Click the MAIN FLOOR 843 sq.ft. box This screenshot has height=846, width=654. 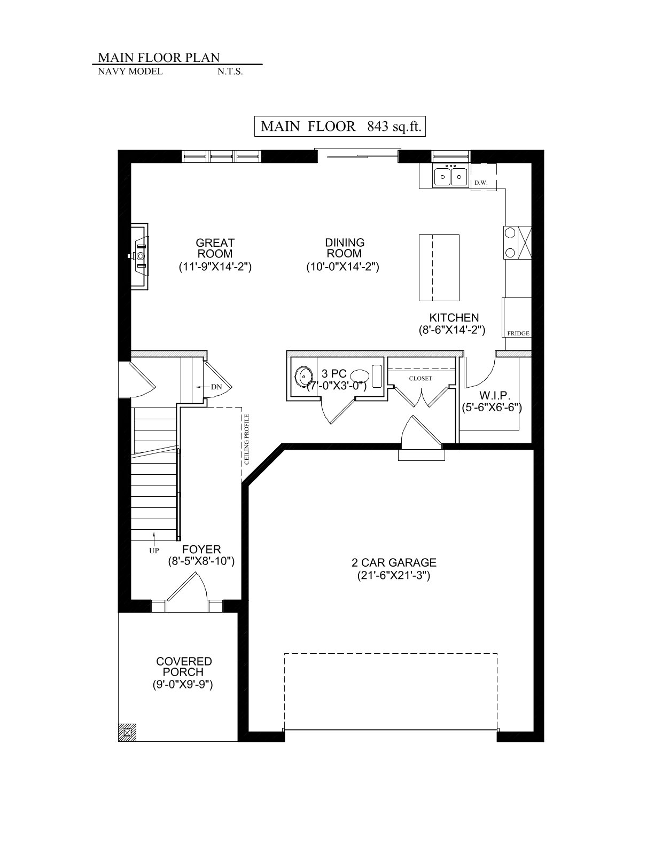(340, 126)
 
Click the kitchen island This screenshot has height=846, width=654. (439, 268)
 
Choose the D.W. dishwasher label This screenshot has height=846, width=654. (481, 183)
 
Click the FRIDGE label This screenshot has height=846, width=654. (518, 333)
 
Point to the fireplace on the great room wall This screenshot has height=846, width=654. (139, 256)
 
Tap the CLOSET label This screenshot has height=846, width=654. (421, 379)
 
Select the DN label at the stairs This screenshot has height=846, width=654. (216, 387)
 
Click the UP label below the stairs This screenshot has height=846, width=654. (154, 551)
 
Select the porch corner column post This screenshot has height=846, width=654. (127, 732)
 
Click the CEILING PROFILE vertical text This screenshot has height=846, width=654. (246, 440)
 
